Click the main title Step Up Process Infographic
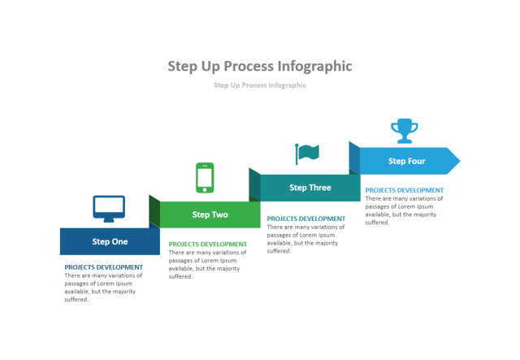(260, 66)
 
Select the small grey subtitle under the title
(260, 85)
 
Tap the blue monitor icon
(109, 209)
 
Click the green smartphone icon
(205, 177)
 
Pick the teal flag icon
(307, 153)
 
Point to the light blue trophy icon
(404, 130)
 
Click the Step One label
(110, 241)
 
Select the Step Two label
(210, 215)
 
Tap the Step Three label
(310, 188)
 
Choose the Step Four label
(406, 161)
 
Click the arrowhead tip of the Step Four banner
(457, 161)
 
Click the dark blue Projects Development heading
(103, 267)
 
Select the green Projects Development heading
(207, 244)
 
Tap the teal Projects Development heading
(305, 219)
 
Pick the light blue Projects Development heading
(404, 190)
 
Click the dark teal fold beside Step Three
(254, 184)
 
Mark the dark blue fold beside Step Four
(354, 158)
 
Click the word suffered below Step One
(76, 300)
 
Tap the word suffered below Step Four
(377, 223)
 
